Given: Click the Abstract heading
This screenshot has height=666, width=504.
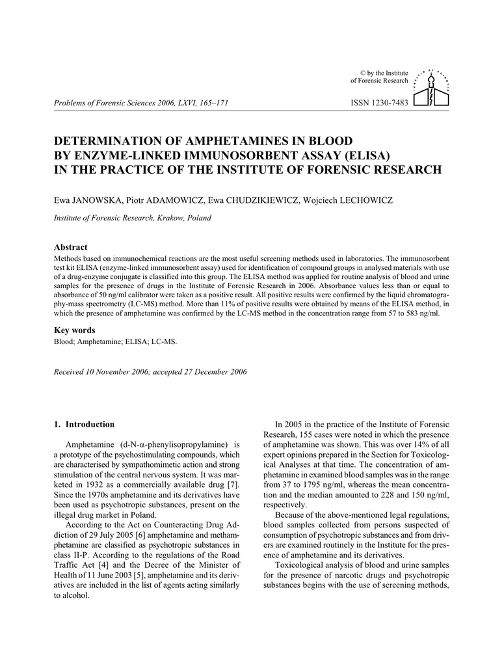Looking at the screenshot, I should (70, 248).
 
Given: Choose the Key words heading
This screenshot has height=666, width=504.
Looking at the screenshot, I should (74, 330).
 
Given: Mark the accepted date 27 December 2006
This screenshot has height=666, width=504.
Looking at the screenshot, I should (211, 371).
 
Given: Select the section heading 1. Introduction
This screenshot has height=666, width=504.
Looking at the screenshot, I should (84, 425).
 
